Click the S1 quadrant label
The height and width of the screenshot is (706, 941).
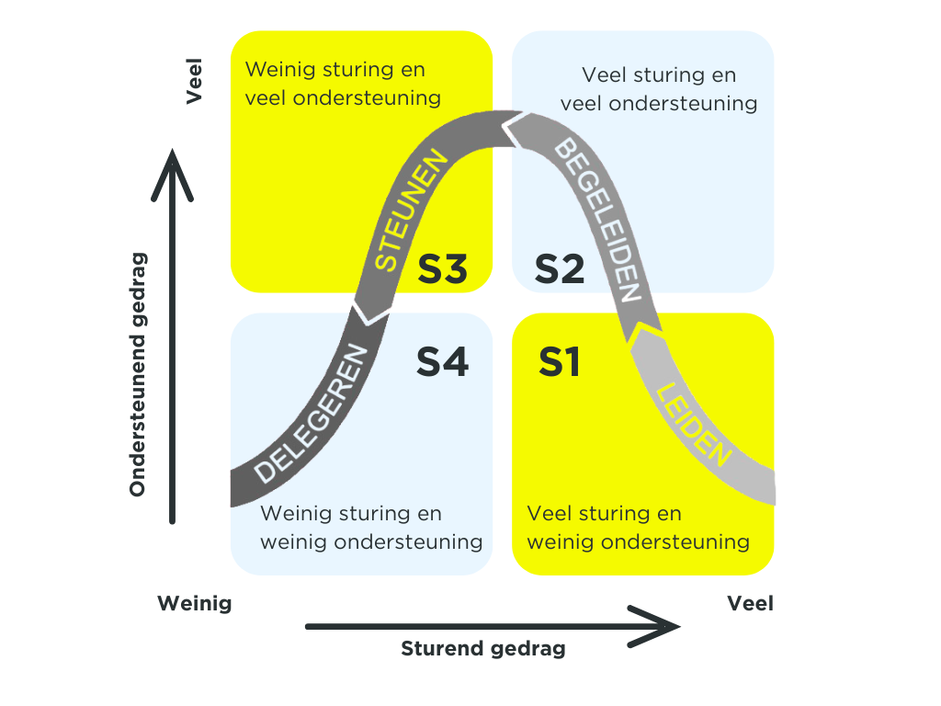pyautogui.click(x=559, y=361)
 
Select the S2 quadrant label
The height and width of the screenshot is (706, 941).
pyautogui.click(x=560, y=268)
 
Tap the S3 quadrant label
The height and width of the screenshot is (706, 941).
pyautogui.click(x=443, y=268)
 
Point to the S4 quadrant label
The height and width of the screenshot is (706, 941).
pyautogui.click(x=443, y=361)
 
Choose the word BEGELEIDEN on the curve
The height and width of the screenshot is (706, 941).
pyautogui.click(x=596, y=217)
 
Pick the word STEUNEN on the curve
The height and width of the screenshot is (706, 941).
pyautogui.click(x=413, y=212)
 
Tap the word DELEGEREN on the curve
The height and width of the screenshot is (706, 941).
pyautogui.click(x=312, y=414)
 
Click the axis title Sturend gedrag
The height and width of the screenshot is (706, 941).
pyautogui.click(x=483, y=649)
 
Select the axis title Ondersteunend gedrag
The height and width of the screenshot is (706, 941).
pyautogui.click(x=138, y=374)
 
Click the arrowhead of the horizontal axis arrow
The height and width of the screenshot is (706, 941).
pyautogui.click(x=665, y=627)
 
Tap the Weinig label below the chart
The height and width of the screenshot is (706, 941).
pyautogui.click(x=194, y=604)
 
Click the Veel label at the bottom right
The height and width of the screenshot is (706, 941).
pyautogui.click(x=750, y=604)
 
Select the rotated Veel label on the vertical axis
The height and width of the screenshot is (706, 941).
pyautogui.click(x=195, y=83)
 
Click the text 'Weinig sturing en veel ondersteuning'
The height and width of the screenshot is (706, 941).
pyautogui.click(x=343, y=84)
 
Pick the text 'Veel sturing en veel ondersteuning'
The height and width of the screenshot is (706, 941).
pyautogui.click(x=659, y=89)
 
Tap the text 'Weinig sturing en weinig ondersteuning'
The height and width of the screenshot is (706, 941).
pyautogui.click(x=371, y=528)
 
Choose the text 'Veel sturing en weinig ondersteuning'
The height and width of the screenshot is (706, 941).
pyautogui.click(x=639, y=528)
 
